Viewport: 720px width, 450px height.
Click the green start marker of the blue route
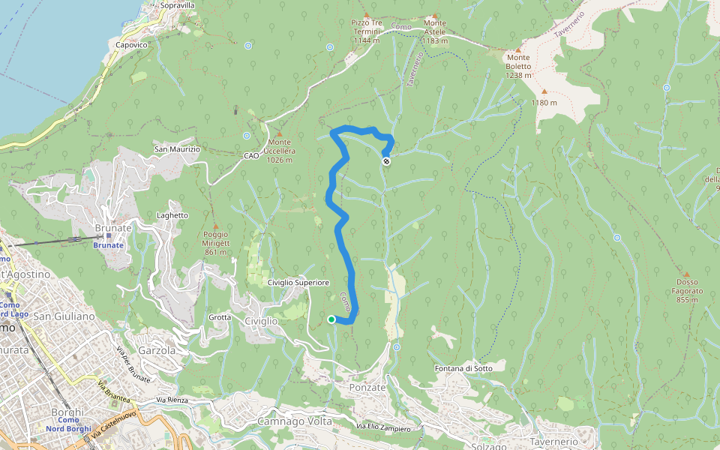(331, 319)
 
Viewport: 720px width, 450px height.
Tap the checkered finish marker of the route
(386, 161)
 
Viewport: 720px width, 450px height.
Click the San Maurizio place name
(177, 149)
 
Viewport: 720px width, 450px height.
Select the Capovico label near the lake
(132, 45)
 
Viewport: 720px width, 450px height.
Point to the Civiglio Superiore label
(298, 283)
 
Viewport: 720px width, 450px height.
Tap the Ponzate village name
(367, 388)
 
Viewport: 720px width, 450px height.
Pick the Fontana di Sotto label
(463, 368)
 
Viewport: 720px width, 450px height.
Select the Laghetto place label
(172, 215)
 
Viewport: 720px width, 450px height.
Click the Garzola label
(157, 350)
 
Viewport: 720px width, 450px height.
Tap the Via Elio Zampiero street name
(383, 427)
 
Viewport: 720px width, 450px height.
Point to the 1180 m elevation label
(544, 103)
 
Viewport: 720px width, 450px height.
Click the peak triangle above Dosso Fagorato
(685, 274)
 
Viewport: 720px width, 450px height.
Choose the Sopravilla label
(178, 5)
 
